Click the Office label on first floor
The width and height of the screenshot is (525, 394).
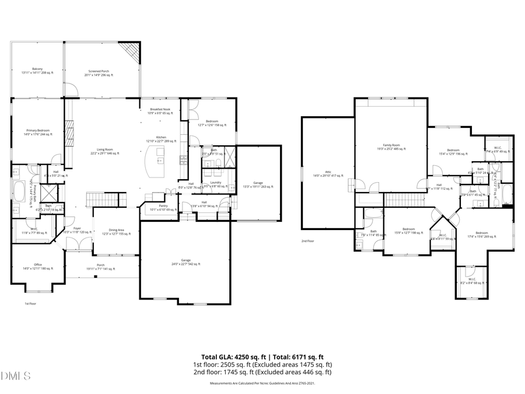[37, 267]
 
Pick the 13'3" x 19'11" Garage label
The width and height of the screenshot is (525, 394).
[258, 184]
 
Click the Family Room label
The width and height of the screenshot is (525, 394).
[391, 146]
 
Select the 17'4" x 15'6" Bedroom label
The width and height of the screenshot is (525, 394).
[481, 235]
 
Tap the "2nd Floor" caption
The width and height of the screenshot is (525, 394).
[307, 240]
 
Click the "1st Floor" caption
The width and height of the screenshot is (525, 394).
[31, 304]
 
